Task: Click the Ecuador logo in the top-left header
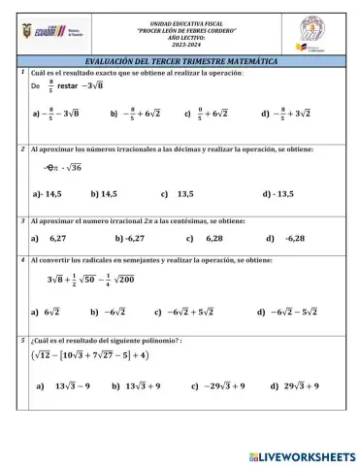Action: [x=44, y=31]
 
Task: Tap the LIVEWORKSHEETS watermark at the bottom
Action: [x=303, y=455]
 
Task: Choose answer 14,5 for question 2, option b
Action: [x=109, y=194]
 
